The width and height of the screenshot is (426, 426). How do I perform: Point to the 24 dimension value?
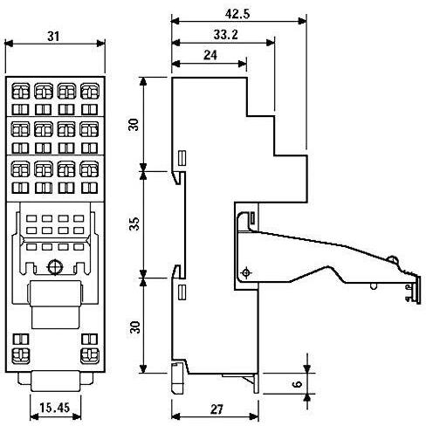[x=209, y=54]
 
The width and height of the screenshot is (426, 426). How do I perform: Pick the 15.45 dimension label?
[x=54, y=407]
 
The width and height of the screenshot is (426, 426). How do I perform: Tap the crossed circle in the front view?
[x=54, y=267]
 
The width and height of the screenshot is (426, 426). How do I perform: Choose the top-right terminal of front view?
[x=88, y=90]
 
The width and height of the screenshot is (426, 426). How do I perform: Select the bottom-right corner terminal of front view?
[x=88, y=355]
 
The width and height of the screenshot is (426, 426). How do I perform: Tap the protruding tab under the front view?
[x=54, y=382]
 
